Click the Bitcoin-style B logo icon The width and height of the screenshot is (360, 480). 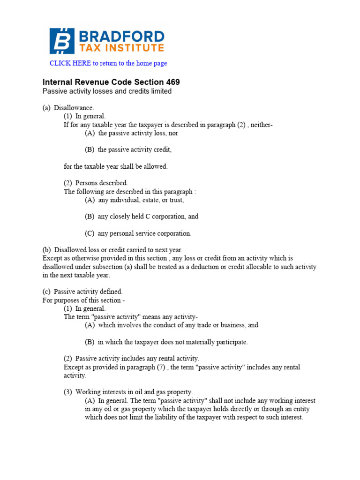click(x=62, y=41)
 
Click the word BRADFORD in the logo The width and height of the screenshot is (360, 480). click(x=122, y=37)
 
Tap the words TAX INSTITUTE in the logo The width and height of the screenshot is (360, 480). click(x=122, y=48)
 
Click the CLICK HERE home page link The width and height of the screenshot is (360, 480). click(x=108, y=63)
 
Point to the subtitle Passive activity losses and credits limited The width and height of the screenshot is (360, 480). click(x=107, y=91)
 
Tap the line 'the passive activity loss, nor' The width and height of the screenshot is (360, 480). click(x=132, y=133)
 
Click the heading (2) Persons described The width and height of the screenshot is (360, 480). click(x=96, y=183)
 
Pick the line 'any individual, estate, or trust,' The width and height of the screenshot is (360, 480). click(x=135, y=200)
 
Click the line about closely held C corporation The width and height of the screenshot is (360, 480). click(x=142, y=217)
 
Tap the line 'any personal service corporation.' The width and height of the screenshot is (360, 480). click(x=138, y=233)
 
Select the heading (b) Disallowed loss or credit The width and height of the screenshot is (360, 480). click(x=112, y=250)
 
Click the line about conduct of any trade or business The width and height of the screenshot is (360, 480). click(x=172, y=325)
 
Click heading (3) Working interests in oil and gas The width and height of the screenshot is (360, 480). click(x=128, y=392)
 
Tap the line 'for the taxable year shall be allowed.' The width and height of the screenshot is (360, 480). click(x=115, y=166)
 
